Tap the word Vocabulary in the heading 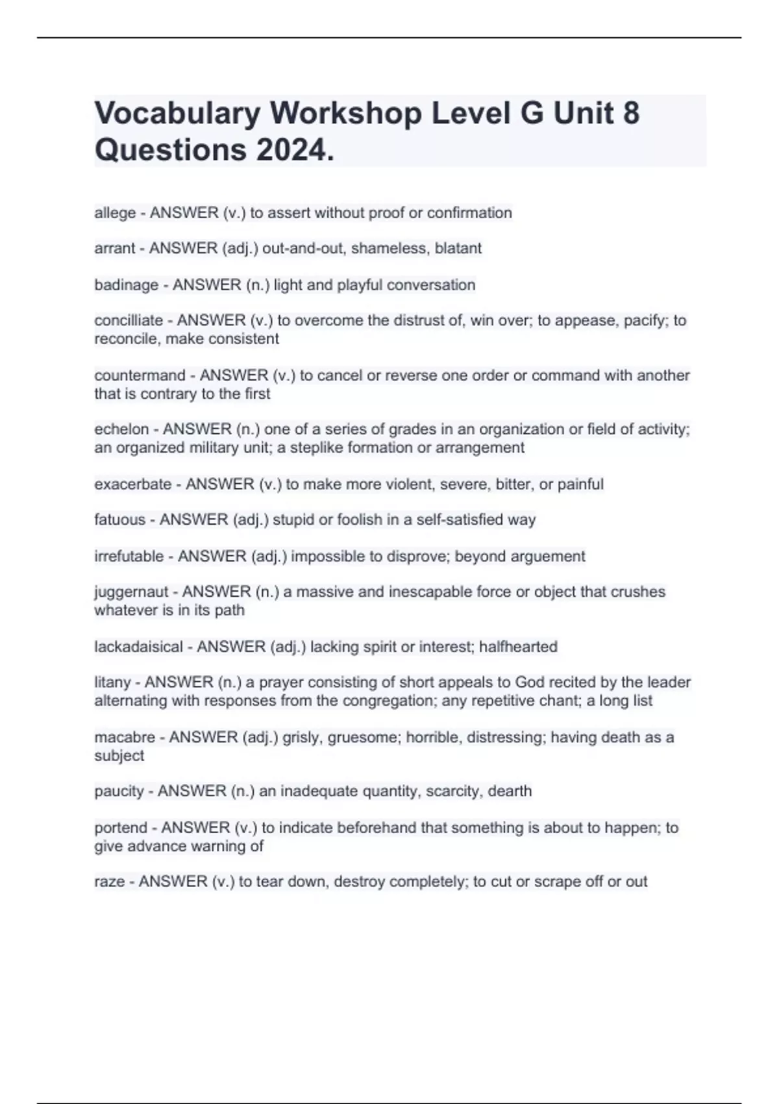coord(177,113)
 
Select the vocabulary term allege coord(115,213)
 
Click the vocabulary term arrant coord(114,248)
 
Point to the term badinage coord(126,285)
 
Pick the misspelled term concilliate coord(129,320)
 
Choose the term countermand coord(140,375)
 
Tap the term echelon coord(121,429)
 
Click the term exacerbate coord(132,484)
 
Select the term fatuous coord(119,520)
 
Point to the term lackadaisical coord(138,647)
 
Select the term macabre coord(125,737)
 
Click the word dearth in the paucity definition coord(510,791)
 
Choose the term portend coord(121,828)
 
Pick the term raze coord(109,882)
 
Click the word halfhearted coord(518,647)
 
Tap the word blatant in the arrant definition coord(458,248)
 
